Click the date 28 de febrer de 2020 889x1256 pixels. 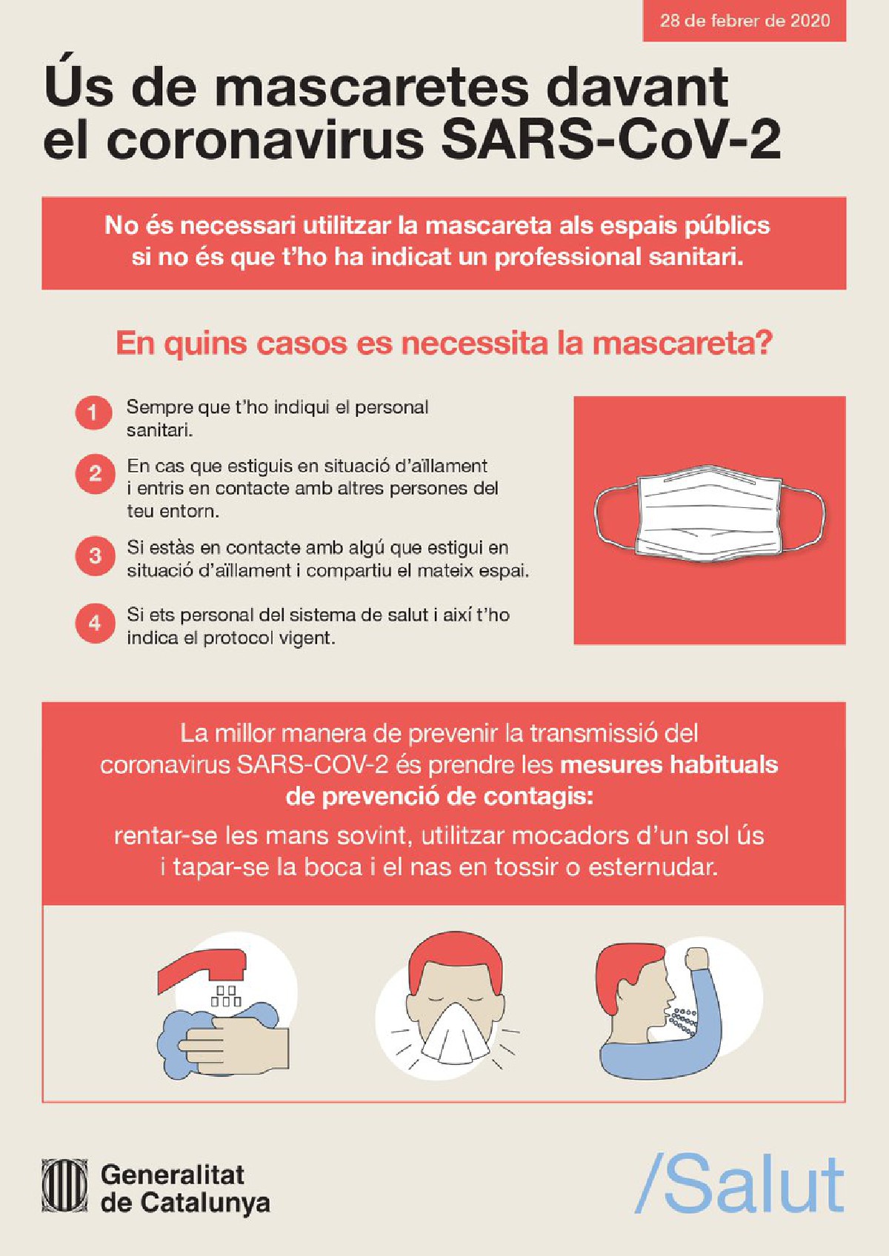pyautogui.click(x=745, y=21)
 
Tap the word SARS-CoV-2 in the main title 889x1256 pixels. pyautogui.click(x=611, y=138)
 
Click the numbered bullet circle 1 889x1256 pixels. pyautogui.click(x=93, y=413)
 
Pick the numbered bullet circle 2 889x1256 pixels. pyautogui.click(x=94, y=474)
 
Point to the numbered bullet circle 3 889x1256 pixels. pyautogui.click(x=94, y=555)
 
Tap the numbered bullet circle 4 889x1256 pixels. pyautogui.click(x=94, y=623)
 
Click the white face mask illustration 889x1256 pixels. pyautogui.click(x=710, y=514)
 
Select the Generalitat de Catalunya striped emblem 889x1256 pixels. pyautogui.click(x=66, y=1189)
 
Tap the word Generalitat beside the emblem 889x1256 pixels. pyautogui.click(x=173, y=1175)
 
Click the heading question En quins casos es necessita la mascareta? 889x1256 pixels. pyautogui.click(x=444, y=344)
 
